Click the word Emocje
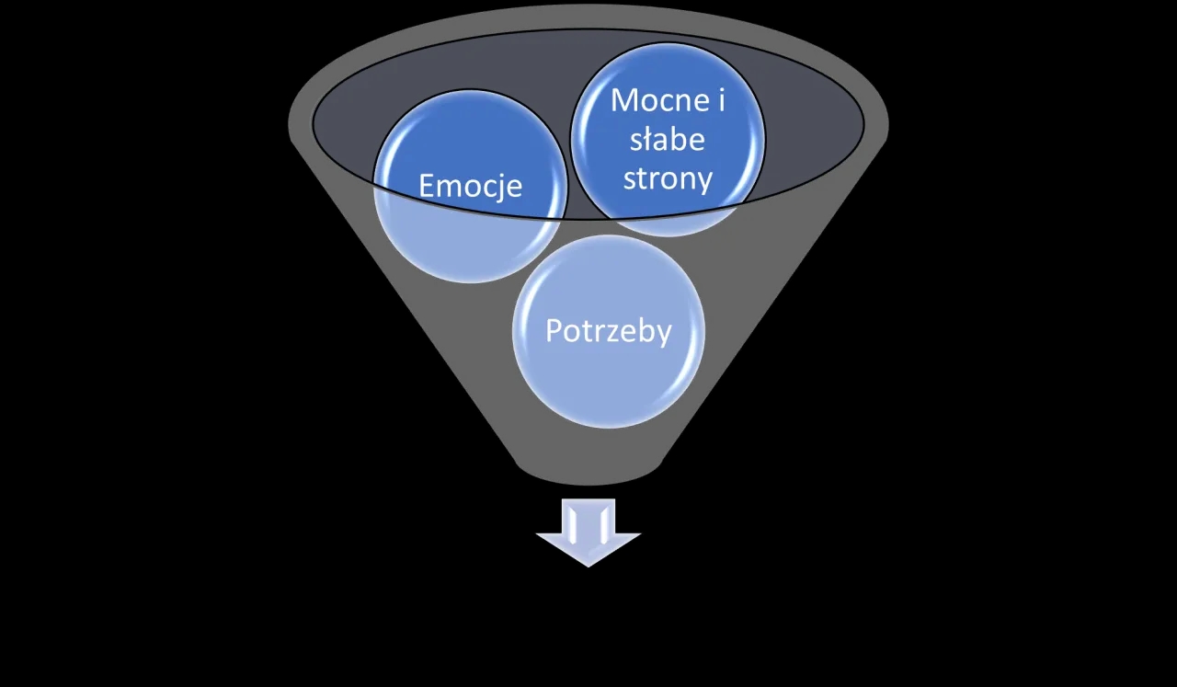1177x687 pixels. [470, 186]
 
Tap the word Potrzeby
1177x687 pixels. [608, 330]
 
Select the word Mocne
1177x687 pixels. [655, 99]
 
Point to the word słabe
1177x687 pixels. [667, 139]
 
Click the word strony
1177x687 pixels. [668, 178]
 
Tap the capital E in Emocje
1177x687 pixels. [428, 186]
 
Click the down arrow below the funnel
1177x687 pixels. [588, 533]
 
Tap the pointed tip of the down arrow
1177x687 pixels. [588, 564]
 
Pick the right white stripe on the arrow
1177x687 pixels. [602, 524]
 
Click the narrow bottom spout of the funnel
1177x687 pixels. [588, 469]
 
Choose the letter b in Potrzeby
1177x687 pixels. [642, 330]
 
